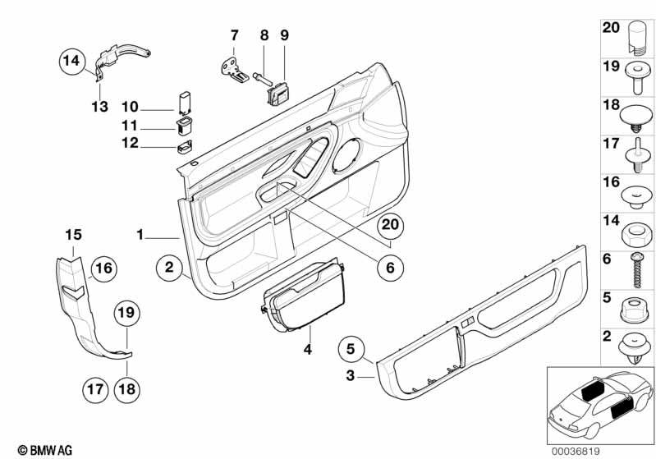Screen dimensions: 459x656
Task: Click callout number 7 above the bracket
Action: point(234,35)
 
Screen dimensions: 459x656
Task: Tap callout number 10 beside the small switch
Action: point(131,107)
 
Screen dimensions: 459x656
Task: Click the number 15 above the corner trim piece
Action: point(75,236)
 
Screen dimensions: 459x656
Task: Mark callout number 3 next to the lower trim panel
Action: point(349,376)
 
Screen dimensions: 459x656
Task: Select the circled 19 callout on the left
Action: point(128,313)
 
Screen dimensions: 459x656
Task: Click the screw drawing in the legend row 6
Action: point(635,269)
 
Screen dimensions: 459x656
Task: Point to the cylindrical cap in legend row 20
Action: point(634,36)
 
